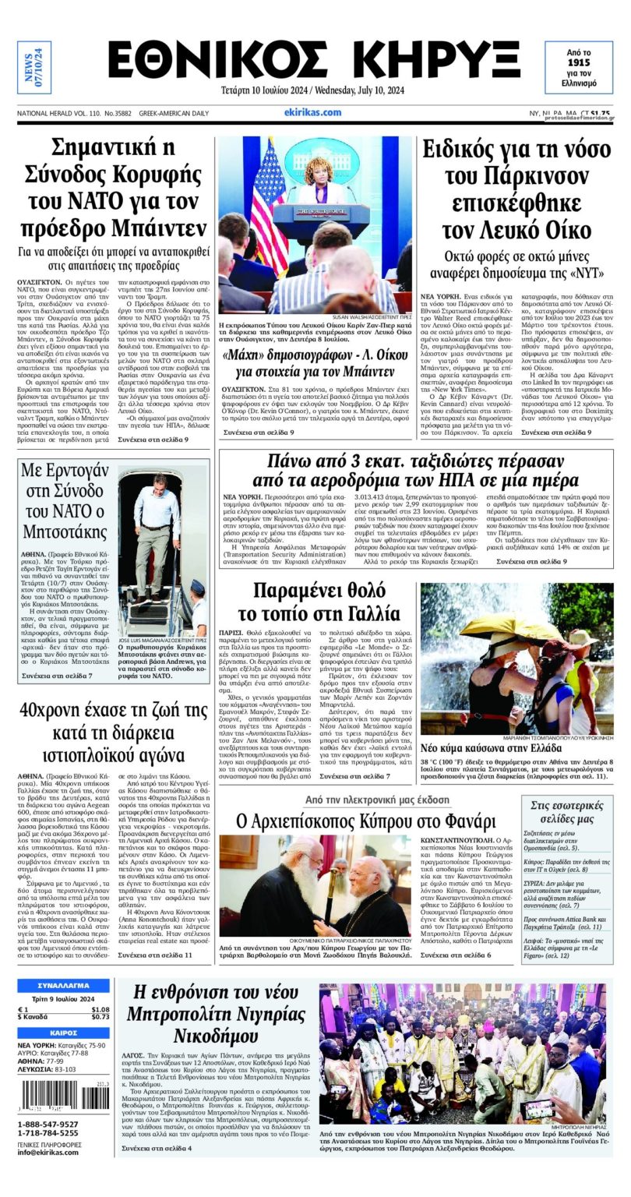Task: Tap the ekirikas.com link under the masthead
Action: point(312,112)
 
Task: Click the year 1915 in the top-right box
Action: point(578,60)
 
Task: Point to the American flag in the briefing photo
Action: point(268,206)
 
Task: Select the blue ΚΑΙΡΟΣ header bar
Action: point(63,1033)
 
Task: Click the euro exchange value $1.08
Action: point(100,1010)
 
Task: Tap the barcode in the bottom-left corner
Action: point(65,1099)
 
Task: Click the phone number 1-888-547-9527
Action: point(48,1125)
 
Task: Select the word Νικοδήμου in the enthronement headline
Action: point(211,1037)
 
